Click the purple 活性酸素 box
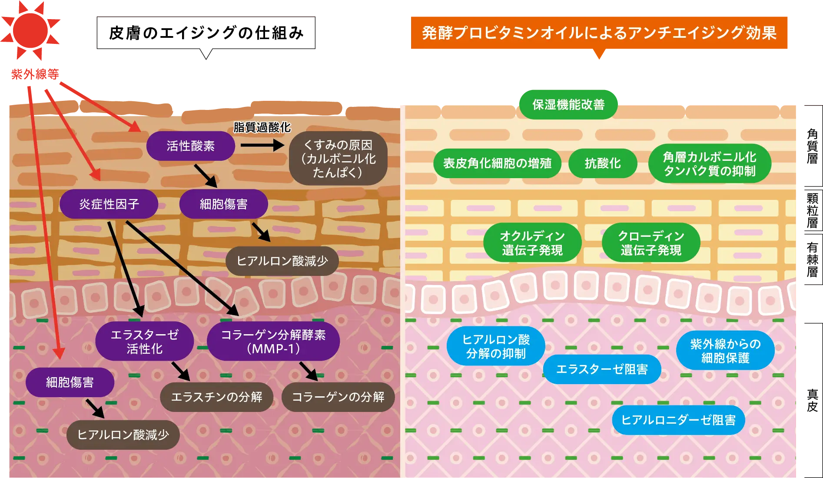pos(190,146)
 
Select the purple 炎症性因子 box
pos(109,204)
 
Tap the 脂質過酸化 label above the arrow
pos(262,127)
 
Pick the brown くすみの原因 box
pos(338,159)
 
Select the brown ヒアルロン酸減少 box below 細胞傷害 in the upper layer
pos(282,261)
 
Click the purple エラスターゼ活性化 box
pos(144,342)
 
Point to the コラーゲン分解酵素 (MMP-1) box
pos(273,342)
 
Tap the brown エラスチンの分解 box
pos(216,397)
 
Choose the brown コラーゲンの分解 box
pos(338,397)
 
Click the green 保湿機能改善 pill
pos(568,105)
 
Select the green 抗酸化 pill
pos(602,163)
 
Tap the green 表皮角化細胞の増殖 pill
pos(497,163)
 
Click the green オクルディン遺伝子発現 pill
pos(532,243)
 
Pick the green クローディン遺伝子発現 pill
pos(650,243)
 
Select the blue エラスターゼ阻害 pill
pos(602,369)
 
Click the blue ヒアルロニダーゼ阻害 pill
pos(678,420)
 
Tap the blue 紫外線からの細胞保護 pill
pos(725,351)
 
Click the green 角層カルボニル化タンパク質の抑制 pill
pos(709,164)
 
